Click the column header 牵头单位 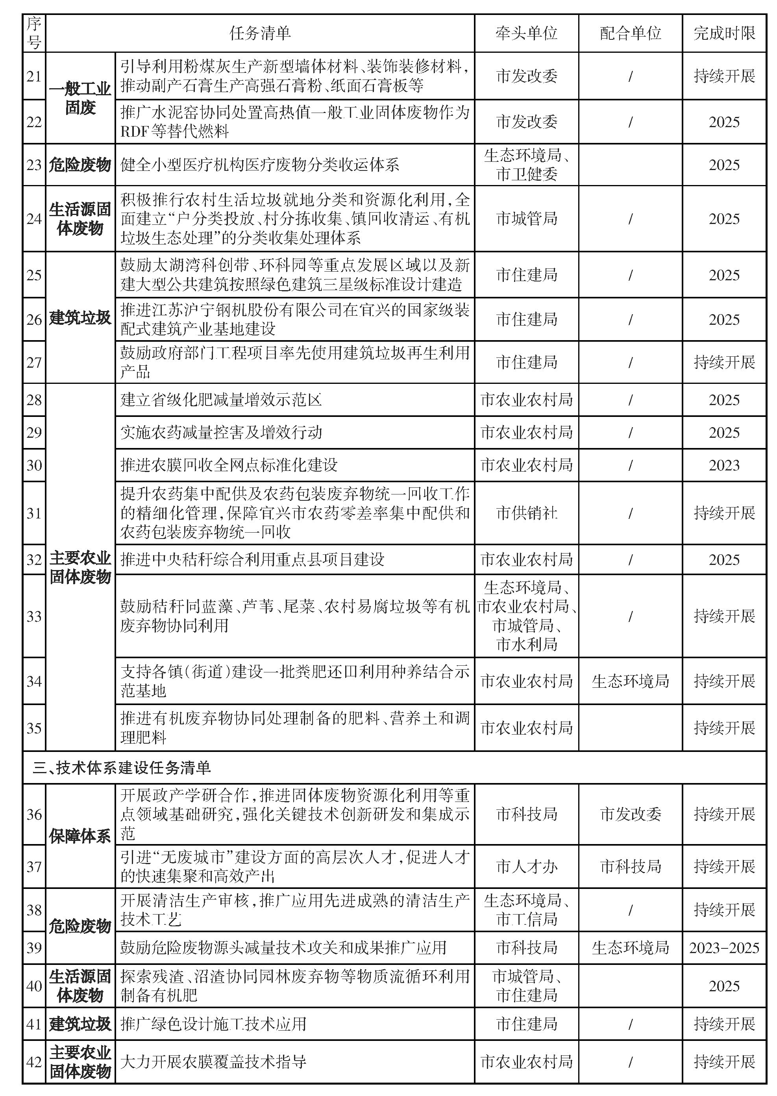point(526,33)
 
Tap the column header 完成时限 point(724,33)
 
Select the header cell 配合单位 point(630,33)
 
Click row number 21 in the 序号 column point(34,76)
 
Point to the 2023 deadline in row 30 point(724,465)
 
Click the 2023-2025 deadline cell point(724,948)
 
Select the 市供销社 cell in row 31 point(526,513)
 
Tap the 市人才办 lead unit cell point(526,866)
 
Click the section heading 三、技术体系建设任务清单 point(122,768)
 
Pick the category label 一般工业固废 point(80,98)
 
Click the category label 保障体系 point(80,836)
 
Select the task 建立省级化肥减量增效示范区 point(221,400)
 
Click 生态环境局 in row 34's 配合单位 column point(630,681)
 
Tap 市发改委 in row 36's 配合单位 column point(630,814)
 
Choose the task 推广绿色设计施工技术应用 point(213,1024)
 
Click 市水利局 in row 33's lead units point(526,644)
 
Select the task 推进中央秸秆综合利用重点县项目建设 point(252,559)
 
